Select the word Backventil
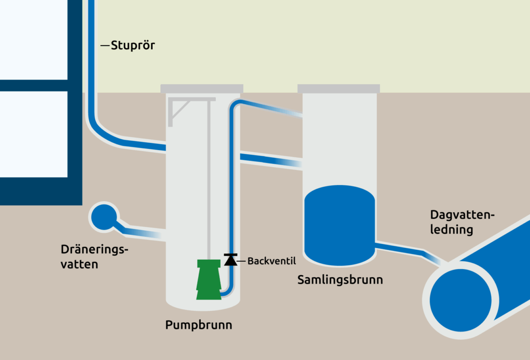(271, 261)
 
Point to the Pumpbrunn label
(199, 325)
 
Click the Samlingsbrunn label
(340, 280)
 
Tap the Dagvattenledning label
(462, 222)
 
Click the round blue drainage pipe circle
(103, 217)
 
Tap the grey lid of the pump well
(201, 88)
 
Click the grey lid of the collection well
(339, 88)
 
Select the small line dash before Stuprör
(105, 46)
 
